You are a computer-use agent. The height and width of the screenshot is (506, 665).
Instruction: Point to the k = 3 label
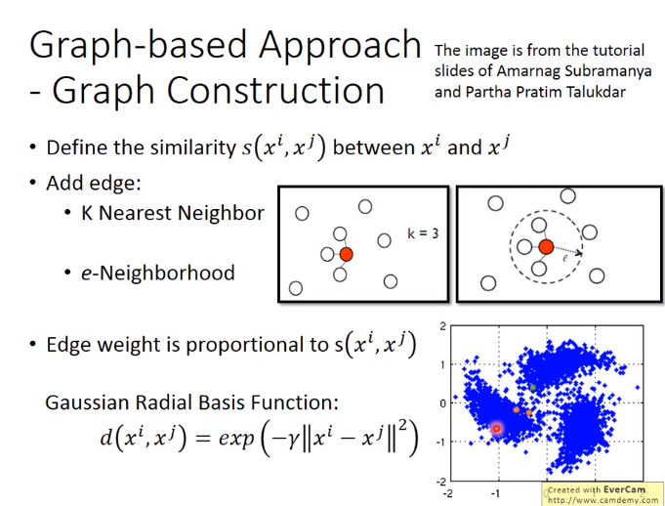423,233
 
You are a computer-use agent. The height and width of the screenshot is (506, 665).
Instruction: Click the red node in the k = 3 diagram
346,254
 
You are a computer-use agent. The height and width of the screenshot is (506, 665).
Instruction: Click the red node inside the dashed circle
546,246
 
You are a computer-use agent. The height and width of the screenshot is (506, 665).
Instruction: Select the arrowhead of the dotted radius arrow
578,254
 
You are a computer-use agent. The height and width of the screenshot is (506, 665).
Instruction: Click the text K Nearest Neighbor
173,213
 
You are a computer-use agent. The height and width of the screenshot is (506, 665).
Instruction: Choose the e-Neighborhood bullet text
158,273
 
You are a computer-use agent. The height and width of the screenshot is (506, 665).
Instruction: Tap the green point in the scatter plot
533,387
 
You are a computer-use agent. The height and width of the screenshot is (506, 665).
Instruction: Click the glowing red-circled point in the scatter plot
496,429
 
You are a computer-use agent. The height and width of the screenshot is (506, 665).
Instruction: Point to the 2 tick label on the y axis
442,326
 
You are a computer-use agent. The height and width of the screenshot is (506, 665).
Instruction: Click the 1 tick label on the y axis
442,364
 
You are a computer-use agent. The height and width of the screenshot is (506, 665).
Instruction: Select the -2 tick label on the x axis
446,493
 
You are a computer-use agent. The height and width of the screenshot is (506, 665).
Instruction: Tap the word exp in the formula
236,438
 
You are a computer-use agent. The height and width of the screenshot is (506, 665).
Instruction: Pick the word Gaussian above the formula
87,402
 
